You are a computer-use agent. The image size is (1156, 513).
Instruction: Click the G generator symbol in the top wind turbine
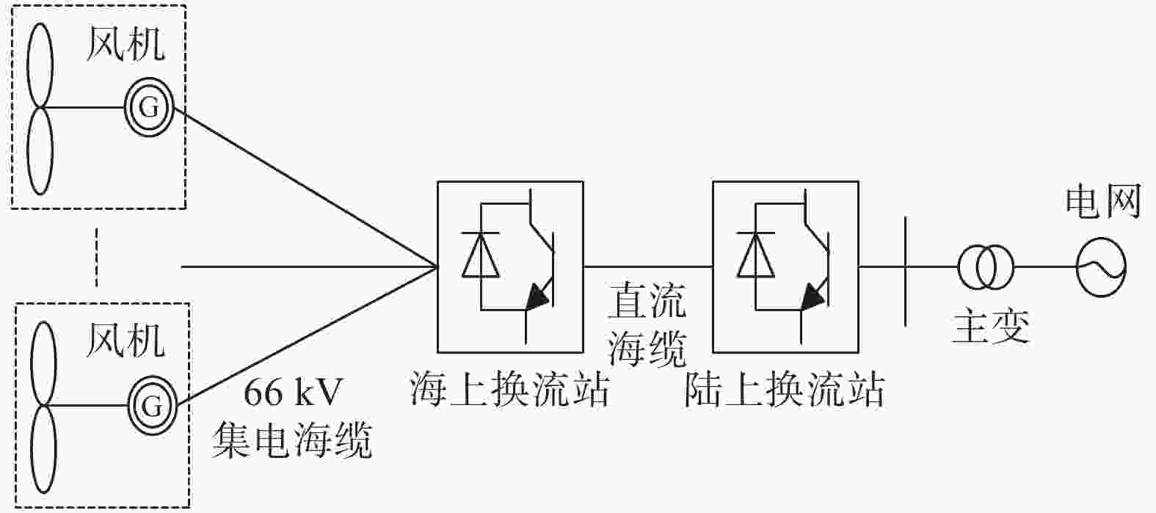tap(148, 107)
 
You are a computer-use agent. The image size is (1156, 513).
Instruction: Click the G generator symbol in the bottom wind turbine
tap(152, 406)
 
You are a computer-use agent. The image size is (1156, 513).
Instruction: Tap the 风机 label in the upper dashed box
tap(125, 44)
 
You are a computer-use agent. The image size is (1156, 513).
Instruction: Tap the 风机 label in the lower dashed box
tap(125, 341)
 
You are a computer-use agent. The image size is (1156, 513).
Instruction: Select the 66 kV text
tap(293, 392)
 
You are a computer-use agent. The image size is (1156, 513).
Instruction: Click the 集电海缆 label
tap(292, 440)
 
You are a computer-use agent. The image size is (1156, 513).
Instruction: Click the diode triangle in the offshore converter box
tap(481, 255)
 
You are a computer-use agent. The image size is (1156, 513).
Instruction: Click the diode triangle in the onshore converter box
tap(755, 255)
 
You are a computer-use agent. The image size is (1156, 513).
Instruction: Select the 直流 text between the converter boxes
tap(647, 300)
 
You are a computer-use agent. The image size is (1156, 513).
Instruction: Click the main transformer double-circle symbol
tap(986, 267)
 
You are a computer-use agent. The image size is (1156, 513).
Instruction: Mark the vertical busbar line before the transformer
tap(906, 272)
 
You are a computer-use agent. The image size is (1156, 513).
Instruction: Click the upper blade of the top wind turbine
tap(40, 65)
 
